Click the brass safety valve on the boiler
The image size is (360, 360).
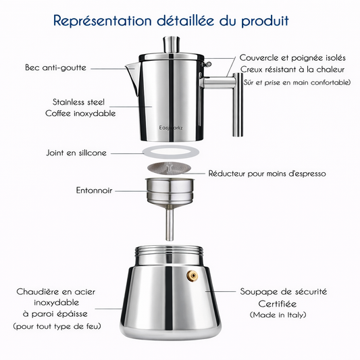pyautogui.click(x=192, y=276)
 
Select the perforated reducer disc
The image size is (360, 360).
pyautogui.click(x=170, y=168)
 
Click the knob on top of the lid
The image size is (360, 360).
pyautogui.click(x=172, y=45)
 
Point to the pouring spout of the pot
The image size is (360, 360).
pyautogui.click(x=132, y=74)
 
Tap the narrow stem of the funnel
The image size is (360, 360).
pyautogui.click(x=170, y=222)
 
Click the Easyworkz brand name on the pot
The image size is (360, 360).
pyautogui.click(x=171, y=128)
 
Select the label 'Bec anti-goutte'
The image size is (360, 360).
pyautogui.click(x=55, y=68)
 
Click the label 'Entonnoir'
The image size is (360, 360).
pyautogui.click(x=94, y=190)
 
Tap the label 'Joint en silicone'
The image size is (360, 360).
pyautogui.click(x=76, y=153)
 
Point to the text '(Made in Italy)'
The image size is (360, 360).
pyautogui.click(x=278, y=315)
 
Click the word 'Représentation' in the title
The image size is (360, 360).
pyautogui.click(x=103, y=21)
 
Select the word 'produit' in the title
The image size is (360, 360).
pyautogui.click(x=265, y=21)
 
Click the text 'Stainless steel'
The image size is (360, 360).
pyautogui.click(x=78, y=102)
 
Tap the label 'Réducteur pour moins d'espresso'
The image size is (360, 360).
pyautogui.click(x=267, y=174)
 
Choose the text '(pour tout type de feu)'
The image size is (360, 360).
pyautogui.click(x=57, y=326)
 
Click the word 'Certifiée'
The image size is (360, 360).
pyautogui.click(x=278, y=304)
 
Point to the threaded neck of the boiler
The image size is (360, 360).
pyautogui.click(x=170, y=251)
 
